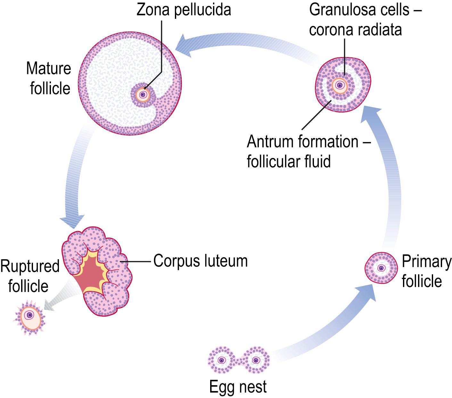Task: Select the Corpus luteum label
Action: pos(201,261)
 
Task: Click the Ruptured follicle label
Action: pos(29,276)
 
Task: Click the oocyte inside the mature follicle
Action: pos(143,95)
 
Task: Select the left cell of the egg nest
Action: pos(221,360)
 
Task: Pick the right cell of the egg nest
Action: pos(255,360)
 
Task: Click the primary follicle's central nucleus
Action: pos(381,268)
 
